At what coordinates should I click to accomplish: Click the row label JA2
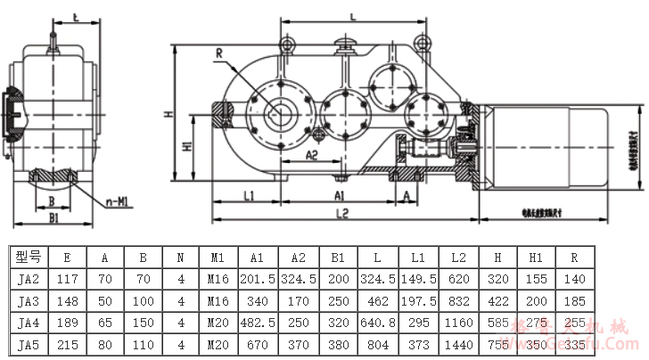pyautogui.click(x=28, y=279)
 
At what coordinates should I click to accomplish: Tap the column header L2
pyautogui.click(x=459, y=258)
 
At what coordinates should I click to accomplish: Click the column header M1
pyautogui.click(x=218, y=258)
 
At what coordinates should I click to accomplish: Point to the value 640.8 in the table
pyautogui.click(x=378, y=323)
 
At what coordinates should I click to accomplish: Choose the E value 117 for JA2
pyautogui.click(x=67, y=279)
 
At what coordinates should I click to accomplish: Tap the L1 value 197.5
pyautogui.click(x=418, y=301)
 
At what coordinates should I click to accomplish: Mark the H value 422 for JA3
pyautogui.click(x=498, y=301)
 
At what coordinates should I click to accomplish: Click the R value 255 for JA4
pyautogui.click(x=575, y=323)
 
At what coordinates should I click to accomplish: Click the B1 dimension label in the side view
pyautogui.click(x=53, y=216)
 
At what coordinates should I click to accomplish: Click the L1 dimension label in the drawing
pyautogui.click(x=249, y=193)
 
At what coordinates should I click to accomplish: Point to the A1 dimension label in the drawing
pyautogui.click(x=341, y=193)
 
